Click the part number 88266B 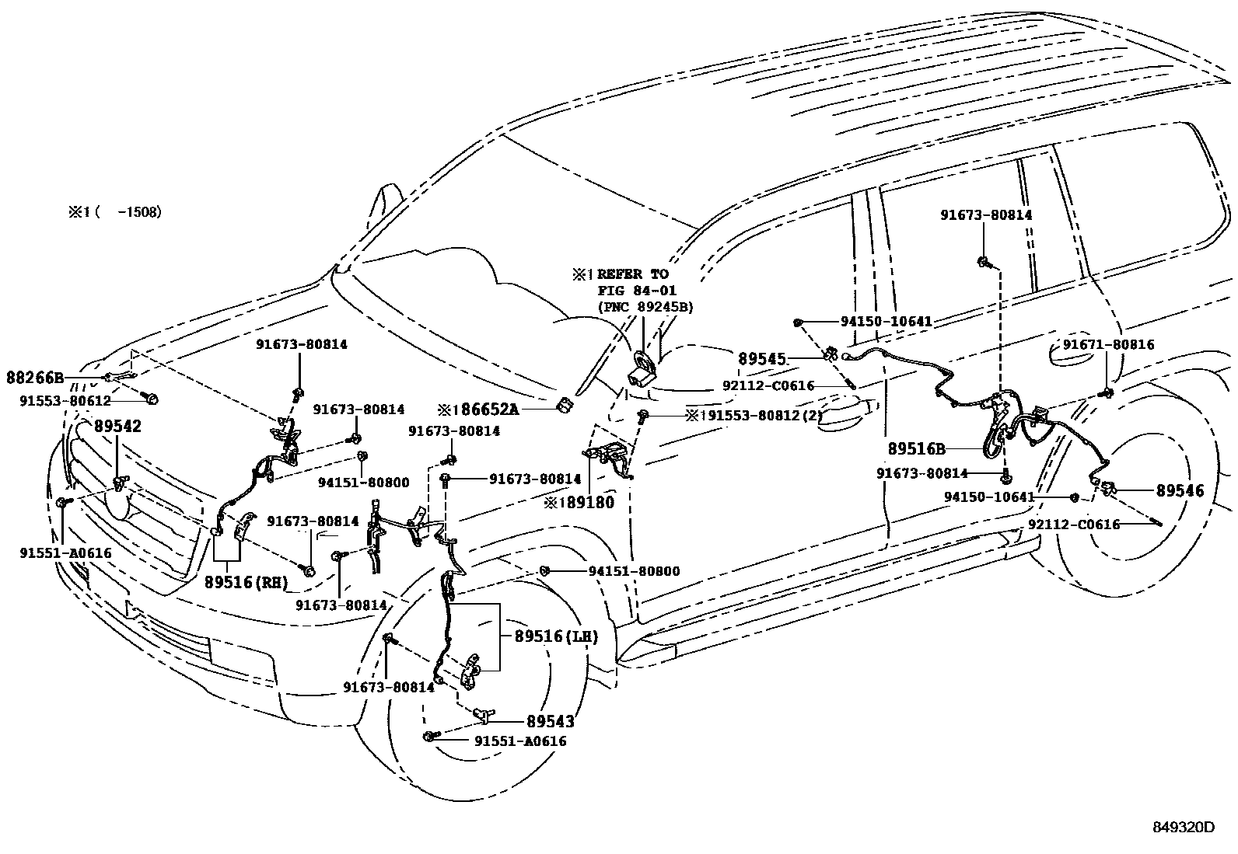pyautogui.click(x=35, y=378)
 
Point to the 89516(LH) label pyautogui.click(x=556, y=637)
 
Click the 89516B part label pyautogui.click(x=916, y=449)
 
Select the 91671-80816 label pyautogui.click(x=1108, y=344)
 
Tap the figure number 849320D pyautogui.click(x=1183, y=828)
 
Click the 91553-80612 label pyautogui.click(x=65, y=401)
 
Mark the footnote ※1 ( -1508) pyautogui.click(x=114, y=211)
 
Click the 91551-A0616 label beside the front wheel pyautogui.click(x=520, y=741)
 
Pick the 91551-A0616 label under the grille pyautogui.click(x=65, y=552)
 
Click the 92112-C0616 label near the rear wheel pyautogui.click(x=1074, y=525)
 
